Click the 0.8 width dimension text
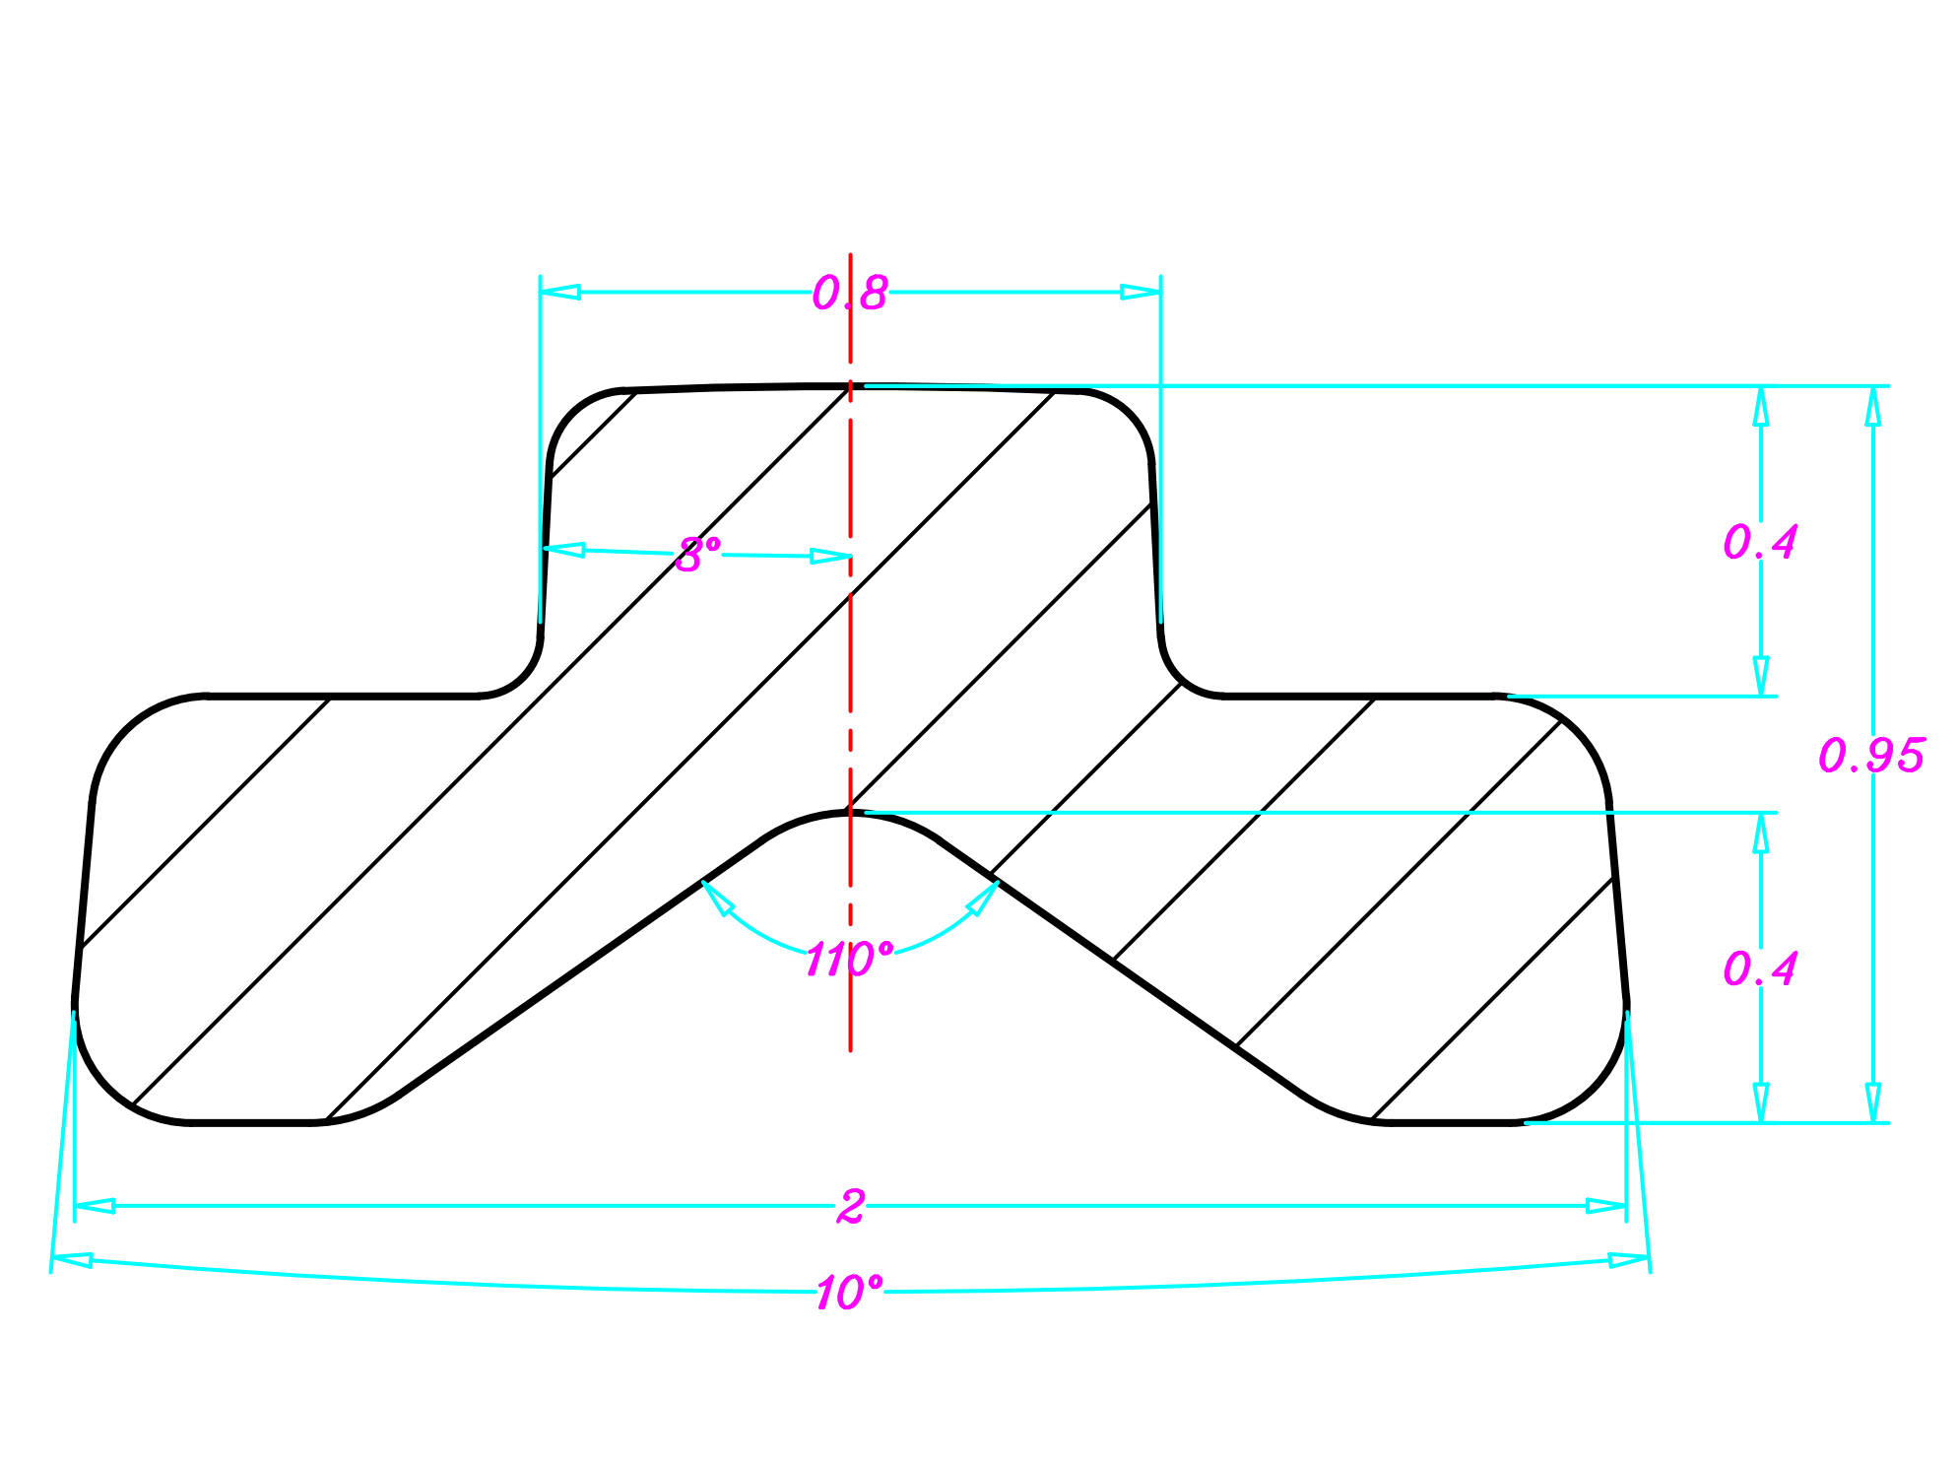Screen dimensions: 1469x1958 pyautogui.click(x=849, y=294)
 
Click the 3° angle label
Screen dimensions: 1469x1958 pyautogui.click(x=697, y=556)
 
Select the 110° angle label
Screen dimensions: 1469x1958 pyautogui.click(x=848, y=960)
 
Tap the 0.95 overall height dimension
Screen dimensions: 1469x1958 pyautogui.click(x=1870, y=756)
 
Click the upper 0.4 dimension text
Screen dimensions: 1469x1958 pyautogui.click(x=1759, y=542)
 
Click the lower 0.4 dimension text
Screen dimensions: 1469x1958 pyautogui.click(x=1759, y=969)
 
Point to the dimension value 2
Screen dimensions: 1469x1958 pyautogui.click(x=850, y=1206)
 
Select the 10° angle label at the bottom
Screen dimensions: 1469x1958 pyautogui.click(x=849, y=1293)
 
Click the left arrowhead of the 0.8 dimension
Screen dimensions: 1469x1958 pyautogui.click(x=559, y=293)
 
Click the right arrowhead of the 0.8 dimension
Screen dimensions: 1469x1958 pyautogui.click(x=1142, y=293)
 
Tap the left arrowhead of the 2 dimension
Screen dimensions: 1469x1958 pyautogui.click(x=95, y=1206)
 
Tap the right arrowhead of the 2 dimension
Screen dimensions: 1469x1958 pyautogui.click(x=1606, y=1206)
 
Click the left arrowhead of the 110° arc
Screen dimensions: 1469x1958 pyautogui.click(x=717, y=898)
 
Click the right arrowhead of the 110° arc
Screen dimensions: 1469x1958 pyautogui.click(x=983, y=898)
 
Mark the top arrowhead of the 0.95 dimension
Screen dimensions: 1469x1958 pyautogui.click(x=1872, y=405)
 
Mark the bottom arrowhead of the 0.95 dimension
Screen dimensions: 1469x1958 pyautogui.click(x=1872, y=1102)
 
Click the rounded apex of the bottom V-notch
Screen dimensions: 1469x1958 pyautogui.click(x=850, y=814)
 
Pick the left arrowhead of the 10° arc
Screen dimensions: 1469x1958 pyautogui.click(x=71, y=1260)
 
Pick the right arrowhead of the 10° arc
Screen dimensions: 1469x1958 pyautogui.click(x=1629, y=1260)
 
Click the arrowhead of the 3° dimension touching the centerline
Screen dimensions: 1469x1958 pyautogui.click(x=830, y=557)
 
